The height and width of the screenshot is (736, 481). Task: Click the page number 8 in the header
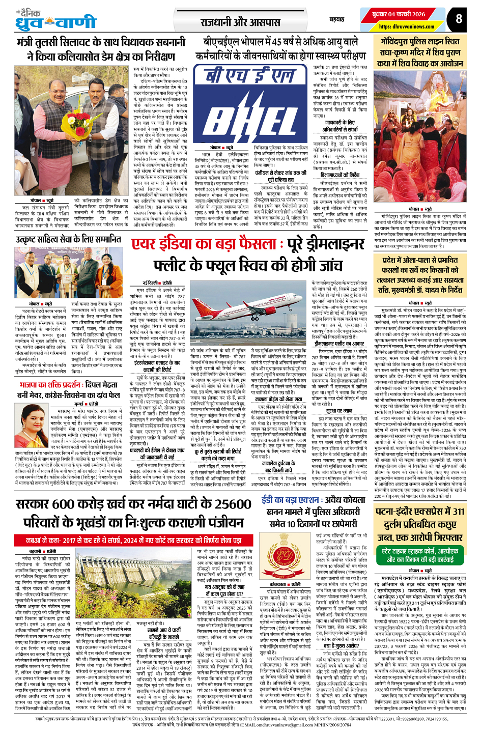coord(459,19)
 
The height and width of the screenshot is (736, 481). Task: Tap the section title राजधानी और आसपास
coord(240,22)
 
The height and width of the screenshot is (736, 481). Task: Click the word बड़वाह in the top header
coord(336,19)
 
